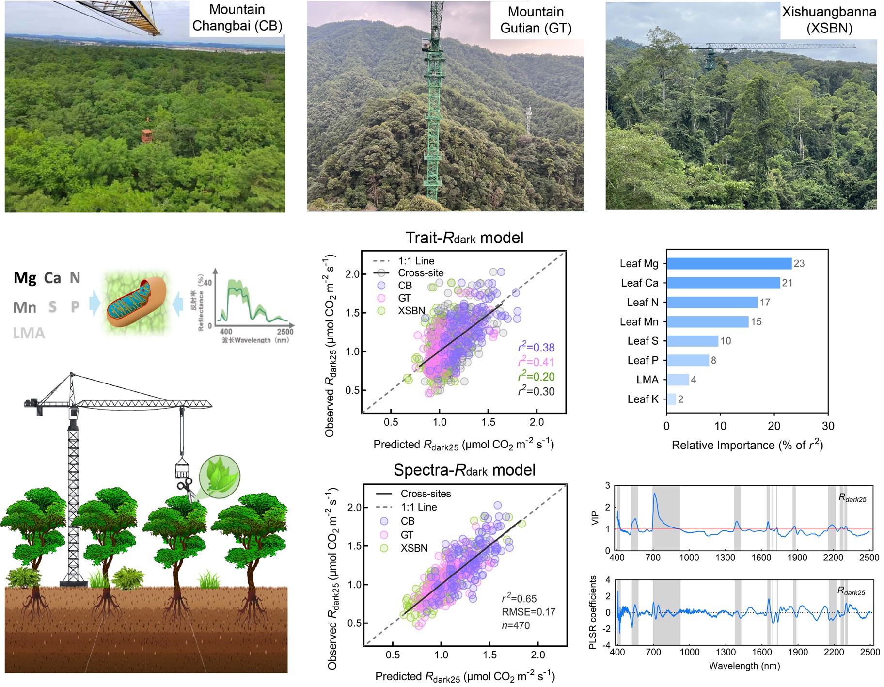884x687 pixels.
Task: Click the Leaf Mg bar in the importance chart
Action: (729, 263)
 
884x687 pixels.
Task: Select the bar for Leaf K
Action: (671, 399)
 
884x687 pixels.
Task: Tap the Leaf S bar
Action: (692, 341)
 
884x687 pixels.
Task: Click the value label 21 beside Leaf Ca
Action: (787, 283)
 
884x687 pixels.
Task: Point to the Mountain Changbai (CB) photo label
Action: (237, 18)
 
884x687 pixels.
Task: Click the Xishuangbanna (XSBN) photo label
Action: (829, 20)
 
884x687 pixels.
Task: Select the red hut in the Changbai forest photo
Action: (146, 135)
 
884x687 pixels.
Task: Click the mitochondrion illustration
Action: (136, 303)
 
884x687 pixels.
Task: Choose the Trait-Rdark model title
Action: (464, 238)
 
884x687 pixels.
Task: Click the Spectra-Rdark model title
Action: (464, 470)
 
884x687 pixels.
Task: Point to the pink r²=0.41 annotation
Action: (536, 362)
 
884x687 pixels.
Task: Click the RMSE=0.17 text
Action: (528, 612)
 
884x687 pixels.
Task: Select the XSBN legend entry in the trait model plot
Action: (411, 311)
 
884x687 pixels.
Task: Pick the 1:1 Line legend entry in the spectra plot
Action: (418, 507)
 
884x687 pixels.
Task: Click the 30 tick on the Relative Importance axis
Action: (828, 426)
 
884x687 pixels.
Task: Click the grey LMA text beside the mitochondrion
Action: (29, 333)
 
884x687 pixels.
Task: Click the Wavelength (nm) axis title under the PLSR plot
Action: (744, 666)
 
